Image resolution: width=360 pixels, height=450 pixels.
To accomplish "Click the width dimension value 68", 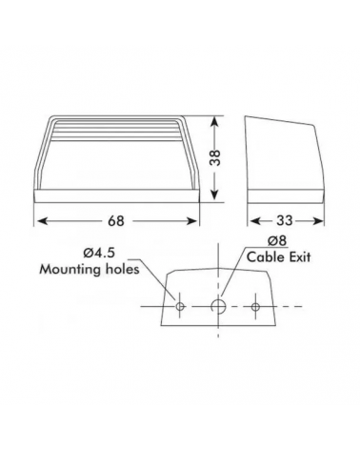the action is pyautogui.click(x=116, y=221).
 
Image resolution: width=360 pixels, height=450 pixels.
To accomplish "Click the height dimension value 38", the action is pyautogui.click(x=215, y=157).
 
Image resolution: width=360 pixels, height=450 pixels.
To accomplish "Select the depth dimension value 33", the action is pyautogui.click(x=284, y=220).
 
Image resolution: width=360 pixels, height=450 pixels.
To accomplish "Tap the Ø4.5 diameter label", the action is pyautogui.click(x=99, y=254).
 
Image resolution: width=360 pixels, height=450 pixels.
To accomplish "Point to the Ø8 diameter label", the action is pyautogui.click(x=277, y=241).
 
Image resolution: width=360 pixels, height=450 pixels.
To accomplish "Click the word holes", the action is pyautogui.click(x=122, y=269).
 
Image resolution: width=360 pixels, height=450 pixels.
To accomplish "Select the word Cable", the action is pyautogui.click(x=263, y=256).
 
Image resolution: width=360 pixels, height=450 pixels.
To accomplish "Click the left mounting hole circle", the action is pyautogui.click(x=180, y=307).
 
